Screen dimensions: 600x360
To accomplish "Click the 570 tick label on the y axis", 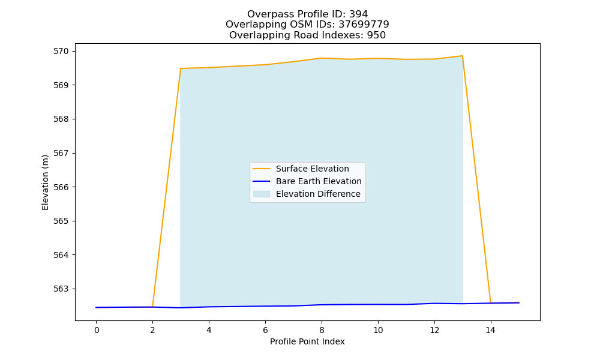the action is pos(61,51).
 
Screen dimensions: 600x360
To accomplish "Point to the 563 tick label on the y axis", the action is pos(61,289).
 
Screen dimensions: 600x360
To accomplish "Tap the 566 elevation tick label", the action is pos(61,187).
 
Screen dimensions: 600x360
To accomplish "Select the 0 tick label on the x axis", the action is pos(97,330).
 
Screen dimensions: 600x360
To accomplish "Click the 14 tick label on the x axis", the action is pos(491,330).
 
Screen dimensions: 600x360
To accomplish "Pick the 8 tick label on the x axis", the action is pos(322,330).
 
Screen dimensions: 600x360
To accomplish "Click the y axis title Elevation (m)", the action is pos(45,182).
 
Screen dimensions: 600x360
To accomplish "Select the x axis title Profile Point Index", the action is pos(307,341).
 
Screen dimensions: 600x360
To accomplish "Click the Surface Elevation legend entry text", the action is pos(312,169).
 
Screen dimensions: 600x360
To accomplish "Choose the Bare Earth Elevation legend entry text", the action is pos(319,181).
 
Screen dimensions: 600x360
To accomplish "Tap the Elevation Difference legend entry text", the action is pos(318,194).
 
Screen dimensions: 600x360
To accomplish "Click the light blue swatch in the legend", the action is pos(262,194).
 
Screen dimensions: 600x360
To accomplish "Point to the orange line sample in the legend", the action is pos(262,169).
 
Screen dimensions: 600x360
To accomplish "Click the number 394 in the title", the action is pos(359,14).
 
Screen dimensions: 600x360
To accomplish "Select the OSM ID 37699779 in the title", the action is pos(364,25).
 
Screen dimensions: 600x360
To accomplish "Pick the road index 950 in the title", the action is pos(376,35).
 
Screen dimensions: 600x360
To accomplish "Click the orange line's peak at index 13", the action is pos(462,56).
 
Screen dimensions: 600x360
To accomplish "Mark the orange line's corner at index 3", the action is pos(181,68).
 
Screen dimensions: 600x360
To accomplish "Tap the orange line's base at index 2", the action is pos(152,307).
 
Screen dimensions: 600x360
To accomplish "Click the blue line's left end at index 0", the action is pos(97,307).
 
